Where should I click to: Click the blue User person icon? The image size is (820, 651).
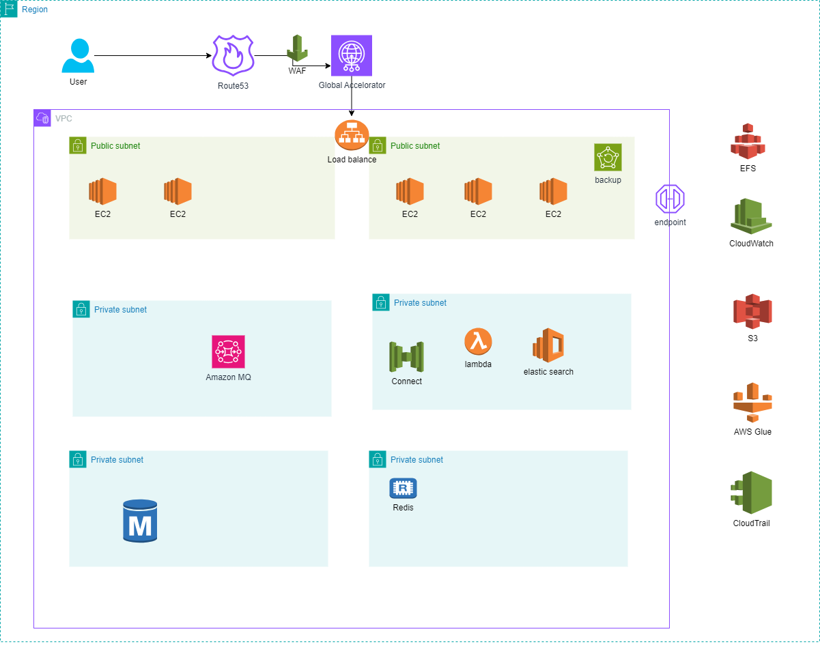coord(78,56)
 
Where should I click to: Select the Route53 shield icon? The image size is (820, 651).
coord(233,55)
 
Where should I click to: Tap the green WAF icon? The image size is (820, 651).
coord(297,48)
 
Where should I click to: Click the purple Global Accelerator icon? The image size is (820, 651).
coord(352,55)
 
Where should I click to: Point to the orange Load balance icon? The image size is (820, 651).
coord(352,136)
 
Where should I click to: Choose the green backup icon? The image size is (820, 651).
coord(608,158)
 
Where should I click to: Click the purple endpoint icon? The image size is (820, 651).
coord(670,199)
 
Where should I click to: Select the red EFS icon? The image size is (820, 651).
coord(748,141)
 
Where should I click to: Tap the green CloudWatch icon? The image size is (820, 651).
coord(751,216)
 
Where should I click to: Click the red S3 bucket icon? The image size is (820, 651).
coord(752,312)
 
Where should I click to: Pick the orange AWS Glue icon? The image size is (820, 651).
coord(752,403)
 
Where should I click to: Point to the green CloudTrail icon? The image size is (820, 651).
coord(751,493)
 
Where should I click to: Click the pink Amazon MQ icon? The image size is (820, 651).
coord(228,352)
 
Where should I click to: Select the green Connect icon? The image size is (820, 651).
coord(406,357)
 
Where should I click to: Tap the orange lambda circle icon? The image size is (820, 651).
coord(478,341)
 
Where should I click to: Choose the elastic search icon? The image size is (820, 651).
coord(548,345)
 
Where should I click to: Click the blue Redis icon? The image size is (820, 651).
coord(403,488)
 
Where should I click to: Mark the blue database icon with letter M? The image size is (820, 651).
coord(140,521)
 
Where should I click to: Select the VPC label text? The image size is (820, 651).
coord(63,119)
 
